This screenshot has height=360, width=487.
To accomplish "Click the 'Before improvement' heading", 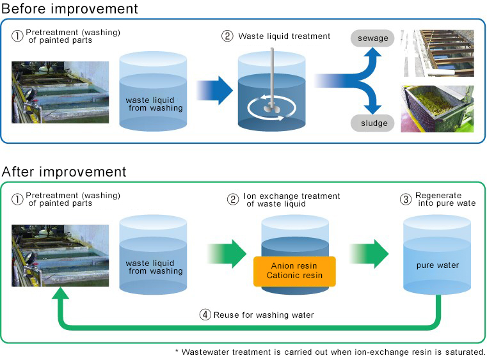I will tap(69, 9).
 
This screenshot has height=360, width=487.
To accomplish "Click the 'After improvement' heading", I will tap(64, 171).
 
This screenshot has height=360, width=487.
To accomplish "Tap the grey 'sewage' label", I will tap(372, 38).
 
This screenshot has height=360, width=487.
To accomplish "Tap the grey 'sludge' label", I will tap(372, 122).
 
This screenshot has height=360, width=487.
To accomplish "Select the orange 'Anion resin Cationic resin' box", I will tap(294, 270).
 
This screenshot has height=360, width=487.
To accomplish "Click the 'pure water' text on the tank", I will tap(438, 265).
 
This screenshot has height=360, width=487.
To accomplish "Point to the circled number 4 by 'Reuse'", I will tap(205, 315).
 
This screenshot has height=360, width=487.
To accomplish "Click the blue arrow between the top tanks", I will tap(214, 90).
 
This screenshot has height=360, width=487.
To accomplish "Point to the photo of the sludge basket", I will tap(437, 109).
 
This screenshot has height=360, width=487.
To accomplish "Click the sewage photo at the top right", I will tap(437, 53).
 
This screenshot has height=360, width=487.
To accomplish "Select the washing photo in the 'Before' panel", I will tap(60, 92).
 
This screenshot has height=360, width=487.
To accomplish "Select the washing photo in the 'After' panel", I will tap(60, 255).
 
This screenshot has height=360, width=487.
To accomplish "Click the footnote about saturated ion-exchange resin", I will tap(330, 352).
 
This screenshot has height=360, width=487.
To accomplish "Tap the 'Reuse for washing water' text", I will tap(264, 315).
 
